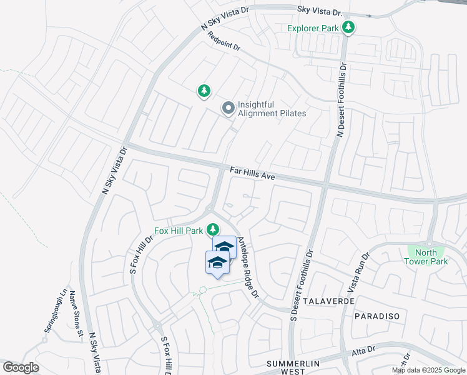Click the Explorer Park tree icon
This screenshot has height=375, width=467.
tap(348, 27)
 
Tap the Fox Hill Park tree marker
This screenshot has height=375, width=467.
tap(214, 229)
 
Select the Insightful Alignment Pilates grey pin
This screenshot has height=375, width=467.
tap(229, 109)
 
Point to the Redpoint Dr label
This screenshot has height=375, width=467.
tap(224, 42)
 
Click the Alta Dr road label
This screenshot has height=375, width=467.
tap(363, 350)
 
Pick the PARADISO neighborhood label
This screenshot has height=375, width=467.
tap(376, 316)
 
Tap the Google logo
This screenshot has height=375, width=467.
tap(21, 367)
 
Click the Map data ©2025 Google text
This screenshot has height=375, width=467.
tap(428, 370)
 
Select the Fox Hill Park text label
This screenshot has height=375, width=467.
tap(180, 230)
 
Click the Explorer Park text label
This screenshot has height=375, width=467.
tap(313, 28)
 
